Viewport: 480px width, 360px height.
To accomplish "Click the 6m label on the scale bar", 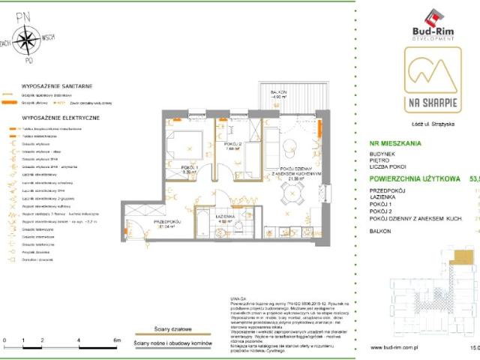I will (116, 340).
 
